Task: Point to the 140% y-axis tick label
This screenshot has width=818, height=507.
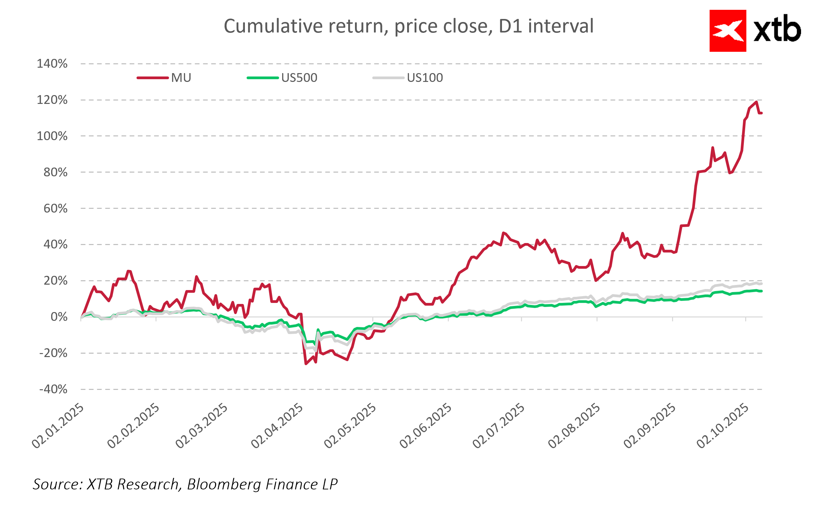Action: pos(52,64)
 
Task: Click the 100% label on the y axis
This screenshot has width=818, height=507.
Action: pos(52,136)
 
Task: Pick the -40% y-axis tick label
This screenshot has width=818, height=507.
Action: pos(54,389)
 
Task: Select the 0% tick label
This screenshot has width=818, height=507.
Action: pos(59,317)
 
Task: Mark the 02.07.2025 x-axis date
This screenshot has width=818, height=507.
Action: pos(499,425)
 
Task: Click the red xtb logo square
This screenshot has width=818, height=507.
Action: pos(728,31)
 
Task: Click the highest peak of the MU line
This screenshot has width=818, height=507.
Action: pos(756,102)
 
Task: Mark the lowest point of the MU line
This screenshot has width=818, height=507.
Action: pos(306,364)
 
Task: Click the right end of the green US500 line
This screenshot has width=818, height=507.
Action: pos(761,291)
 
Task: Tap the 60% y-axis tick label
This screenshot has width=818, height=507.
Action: pos(56,208)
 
